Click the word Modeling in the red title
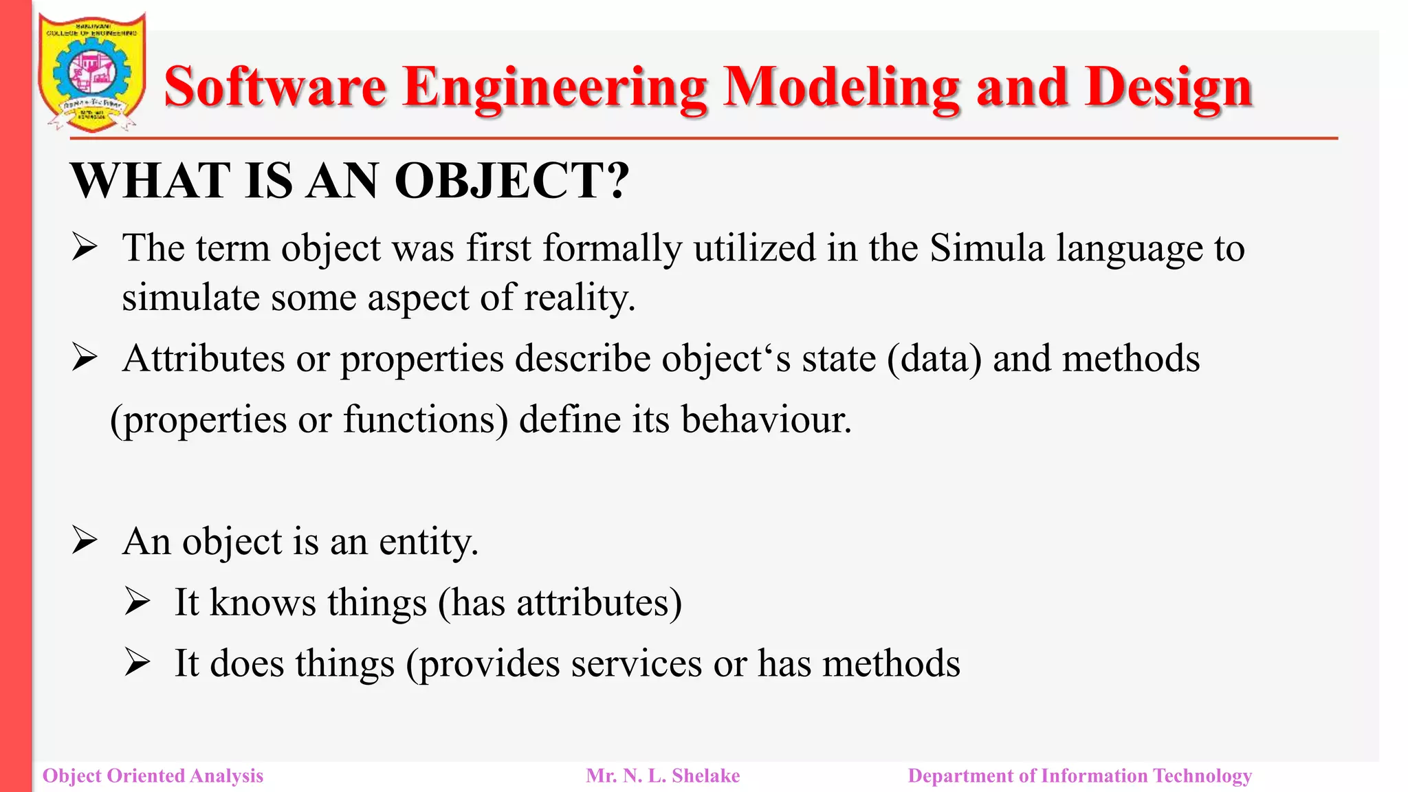click(841, 88)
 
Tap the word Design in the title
click(1169, 88)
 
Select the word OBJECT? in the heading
click(511, 181)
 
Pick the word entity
click(428, 542)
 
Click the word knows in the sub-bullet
click(263, 602)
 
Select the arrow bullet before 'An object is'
click(85, 541)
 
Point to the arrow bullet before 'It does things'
click(137, 663)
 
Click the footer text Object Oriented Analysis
click(153, 775)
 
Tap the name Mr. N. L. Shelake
click(663, 775)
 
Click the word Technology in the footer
click(1202, 775)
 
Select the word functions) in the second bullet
click(426, 419)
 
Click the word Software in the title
click(275, 88)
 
